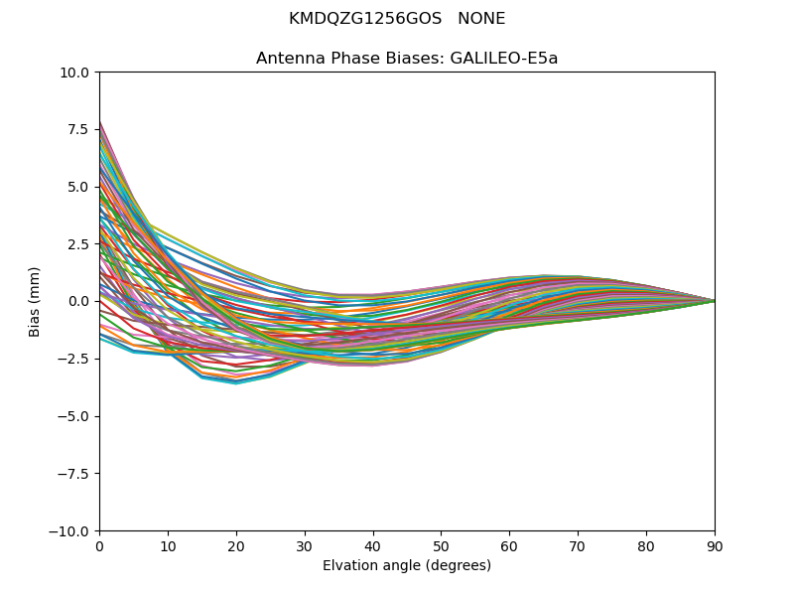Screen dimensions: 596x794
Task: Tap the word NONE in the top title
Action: point(481,19)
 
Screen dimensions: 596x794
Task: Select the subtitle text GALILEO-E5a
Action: point(504,59)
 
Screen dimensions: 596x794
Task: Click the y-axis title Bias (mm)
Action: point(35,301)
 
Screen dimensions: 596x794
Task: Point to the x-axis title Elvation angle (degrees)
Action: point(407,566)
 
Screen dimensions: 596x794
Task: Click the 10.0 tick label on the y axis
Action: point(78,73)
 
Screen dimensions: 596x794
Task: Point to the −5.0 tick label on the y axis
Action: point(77,416)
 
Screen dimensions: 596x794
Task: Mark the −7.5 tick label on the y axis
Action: point(77,474)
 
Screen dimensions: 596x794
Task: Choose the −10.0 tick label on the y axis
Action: point(73,531)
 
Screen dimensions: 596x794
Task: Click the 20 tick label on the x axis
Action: point(236,546)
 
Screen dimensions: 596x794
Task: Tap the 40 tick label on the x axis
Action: point(373,546)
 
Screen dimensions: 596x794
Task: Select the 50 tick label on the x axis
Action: point(441,546)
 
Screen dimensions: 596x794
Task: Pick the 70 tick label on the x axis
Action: point(578,546)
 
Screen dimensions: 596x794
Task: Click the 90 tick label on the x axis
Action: point(715,546)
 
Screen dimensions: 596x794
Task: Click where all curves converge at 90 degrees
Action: point(714,301)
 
